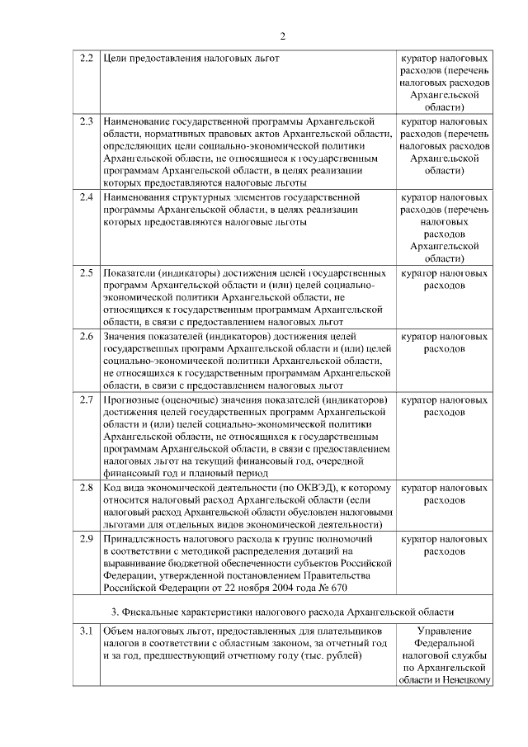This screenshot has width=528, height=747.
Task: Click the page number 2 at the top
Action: click(x=282, y=36)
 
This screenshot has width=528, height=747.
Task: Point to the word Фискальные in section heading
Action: click(x=163, y=611)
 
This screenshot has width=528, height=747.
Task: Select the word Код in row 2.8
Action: click(x=113, y=489)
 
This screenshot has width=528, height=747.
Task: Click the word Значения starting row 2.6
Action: click(x=128, y=337)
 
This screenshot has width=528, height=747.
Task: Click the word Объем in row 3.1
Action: click(x=120, y=631)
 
